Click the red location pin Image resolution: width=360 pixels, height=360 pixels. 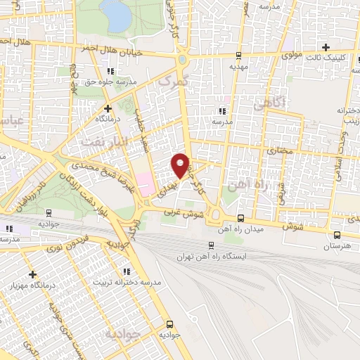tap(181, 165)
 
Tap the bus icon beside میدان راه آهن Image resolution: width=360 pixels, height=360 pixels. tap(241, 218)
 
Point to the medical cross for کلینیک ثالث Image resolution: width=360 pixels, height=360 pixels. tap(326, 46)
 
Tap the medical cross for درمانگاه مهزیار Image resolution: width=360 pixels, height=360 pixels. tap(32, 274)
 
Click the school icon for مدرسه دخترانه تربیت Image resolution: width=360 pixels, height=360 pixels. tap(126, 271)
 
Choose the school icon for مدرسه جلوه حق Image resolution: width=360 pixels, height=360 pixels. tap(110, 71)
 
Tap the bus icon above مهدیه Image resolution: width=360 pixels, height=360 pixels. tap(239, 55)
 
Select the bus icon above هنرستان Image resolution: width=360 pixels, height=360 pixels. tap(336, 236)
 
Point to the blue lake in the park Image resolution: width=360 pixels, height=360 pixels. tap(115, 10)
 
